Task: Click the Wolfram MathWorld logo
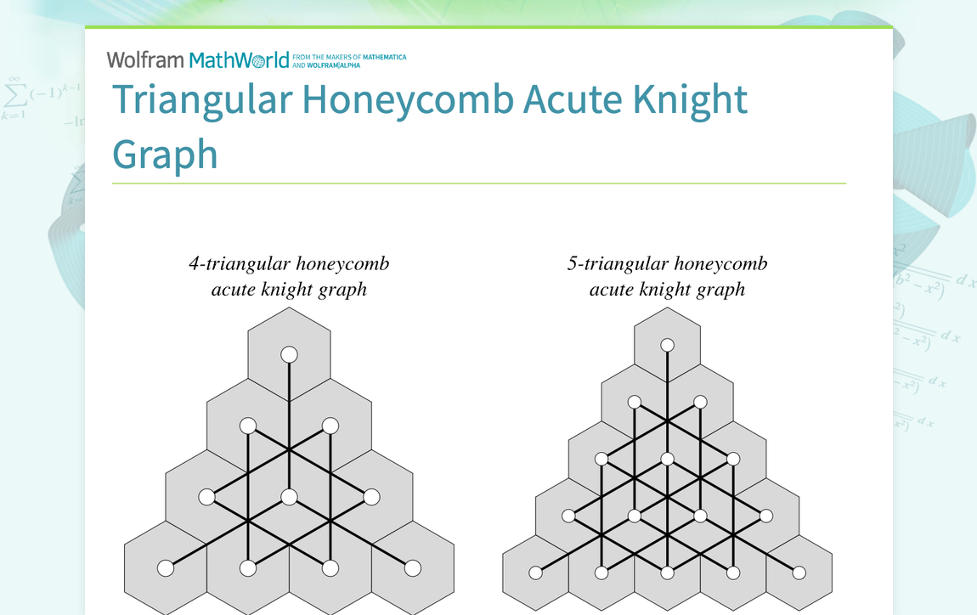198,60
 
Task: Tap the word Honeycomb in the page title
408,100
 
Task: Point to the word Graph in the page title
165,155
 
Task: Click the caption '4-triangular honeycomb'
289,263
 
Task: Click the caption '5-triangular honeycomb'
667,263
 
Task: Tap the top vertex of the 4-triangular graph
289,354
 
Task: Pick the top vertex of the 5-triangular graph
668,345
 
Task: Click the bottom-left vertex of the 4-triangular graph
166,568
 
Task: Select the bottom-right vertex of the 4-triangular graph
413,568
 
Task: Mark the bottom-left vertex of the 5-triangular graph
536,573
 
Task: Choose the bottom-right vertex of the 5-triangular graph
799,573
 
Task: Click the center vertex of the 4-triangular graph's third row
289,497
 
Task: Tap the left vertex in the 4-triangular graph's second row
248,426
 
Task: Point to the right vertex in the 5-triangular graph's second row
700,402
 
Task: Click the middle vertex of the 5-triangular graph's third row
668,459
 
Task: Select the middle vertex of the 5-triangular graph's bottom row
668,573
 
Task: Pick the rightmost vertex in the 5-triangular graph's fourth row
766,516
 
